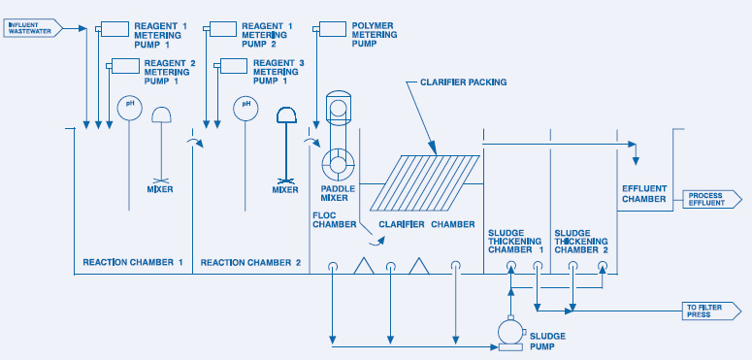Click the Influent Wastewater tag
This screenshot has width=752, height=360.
click(34, 28)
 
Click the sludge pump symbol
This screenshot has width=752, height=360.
click(510, 334)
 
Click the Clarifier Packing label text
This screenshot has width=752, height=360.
click(463, 82)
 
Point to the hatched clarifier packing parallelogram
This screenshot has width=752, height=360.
click(425, 182)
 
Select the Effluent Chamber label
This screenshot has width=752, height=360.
click(644, 194)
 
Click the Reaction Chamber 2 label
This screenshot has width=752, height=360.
click(250, 263)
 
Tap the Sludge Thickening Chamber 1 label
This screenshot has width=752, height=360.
click(514, 242)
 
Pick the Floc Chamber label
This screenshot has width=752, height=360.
click(334, 219)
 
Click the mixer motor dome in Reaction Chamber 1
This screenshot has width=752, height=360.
click(162, 115)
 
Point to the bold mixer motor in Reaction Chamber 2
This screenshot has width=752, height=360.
click(287, 115)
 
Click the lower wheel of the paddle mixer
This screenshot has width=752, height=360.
click(338, 164)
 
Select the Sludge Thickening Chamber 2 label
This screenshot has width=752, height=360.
click(581, 242)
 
